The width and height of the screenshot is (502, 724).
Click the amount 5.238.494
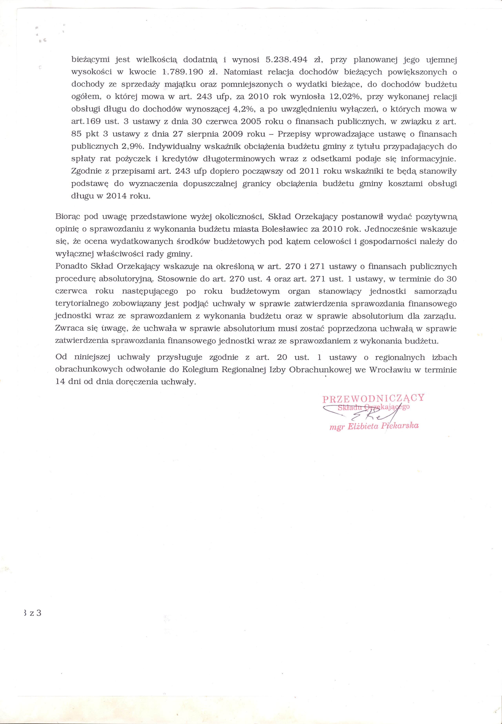[286, 60]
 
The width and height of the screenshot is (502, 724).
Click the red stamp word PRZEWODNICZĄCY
[373, 398]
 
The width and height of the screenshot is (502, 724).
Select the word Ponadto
[71, 266]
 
